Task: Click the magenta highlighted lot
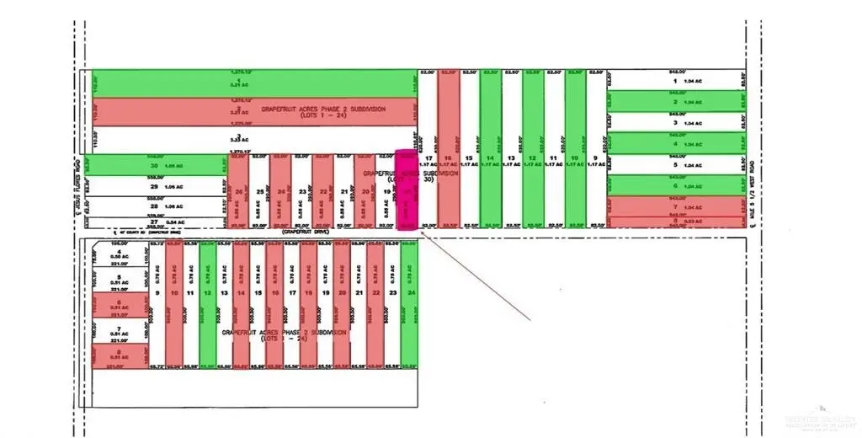pos(407,190)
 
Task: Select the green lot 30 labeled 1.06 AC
pos(156,165)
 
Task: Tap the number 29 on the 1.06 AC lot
pos(154,186)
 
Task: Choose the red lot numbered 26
pos(239,192)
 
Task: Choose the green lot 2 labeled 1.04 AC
pos(676,102)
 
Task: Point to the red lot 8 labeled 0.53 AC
pos(676,222)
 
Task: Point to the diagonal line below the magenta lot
pos(476,277)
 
